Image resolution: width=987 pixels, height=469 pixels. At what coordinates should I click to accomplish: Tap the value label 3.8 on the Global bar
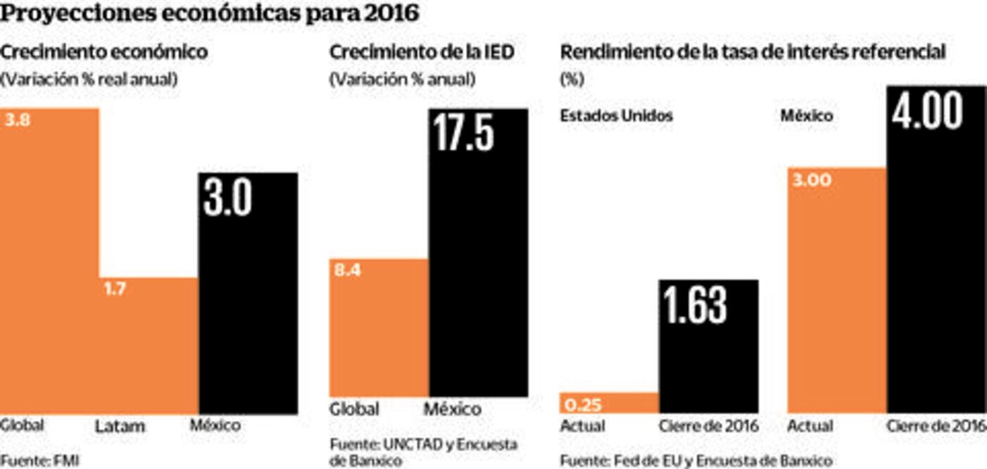point(18,120)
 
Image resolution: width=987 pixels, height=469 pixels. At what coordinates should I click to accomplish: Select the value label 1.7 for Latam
point(115,289)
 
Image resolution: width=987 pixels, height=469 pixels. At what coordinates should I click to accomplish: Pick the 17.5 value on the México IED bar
point(463,133)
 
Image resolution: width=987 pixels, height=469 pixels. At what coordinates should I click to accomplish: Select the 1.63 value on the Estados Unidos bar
point(696,304)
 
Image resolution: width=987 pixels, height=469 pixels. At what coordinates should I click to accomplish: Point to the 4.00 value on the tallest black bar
point(927,111)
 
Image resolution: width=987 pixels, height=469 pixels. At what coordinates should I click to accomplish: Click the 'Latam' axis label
point(120,427)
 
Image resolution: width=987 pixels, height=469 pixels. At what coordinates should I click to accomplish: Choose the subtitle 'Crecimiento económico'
point(104,52)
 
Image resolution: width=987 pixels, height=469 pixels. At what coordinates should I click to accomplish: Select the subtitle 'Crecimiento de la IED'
point(422,52)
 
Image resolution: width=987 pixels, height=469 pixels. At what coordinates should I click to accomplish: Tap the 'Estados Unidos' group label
point(616,115)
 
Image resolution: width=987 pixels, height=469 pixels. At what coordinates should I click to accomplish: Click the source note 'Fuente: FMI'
point(39,461)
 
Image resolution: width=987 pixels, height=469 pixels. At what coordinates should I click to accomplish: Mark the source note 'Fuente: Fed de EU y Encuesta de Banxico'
point(696,461)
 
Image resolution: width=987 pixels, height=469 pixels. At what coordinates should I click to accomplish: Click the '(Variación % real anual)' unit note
point(89,80)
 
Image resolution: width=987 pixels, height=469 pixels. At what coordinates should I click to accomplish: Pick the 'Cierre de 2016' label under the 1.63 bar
point(708,426)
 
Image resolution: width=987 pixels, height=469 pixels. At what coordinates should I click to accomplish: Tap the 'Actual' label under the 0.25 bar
point(582,426)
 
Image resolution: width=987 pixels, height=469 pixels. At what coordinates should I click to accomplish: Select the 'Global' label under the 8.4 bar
point(354,409)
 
